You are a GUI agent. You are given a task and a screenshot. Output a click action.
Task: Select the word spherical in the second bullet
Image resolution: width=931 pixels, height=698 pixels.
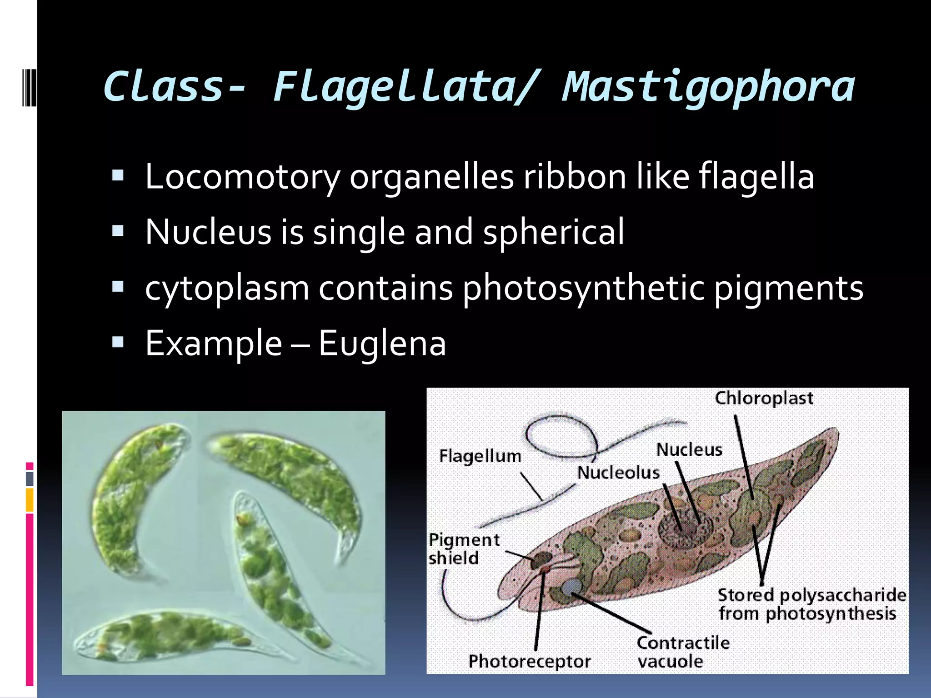553,232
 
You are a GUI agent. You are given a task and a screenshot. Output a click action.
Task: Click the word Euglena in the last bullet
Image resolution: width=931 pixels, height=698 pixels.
382,343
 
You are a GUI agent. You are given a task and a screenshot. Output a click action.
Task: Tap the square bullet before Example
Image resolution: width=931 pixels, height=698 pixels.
118,342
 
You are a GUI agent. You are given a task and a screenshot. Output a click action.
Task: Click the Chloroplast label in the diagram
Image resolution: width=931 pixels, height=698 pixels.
764,399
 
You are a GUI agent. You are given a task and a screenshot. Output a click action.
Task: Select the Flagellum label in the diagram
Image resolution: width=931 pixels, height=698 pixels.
480,456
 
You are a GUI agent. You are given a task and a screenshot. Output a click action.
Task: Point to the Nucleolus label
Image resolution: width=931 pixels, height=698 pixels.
618,473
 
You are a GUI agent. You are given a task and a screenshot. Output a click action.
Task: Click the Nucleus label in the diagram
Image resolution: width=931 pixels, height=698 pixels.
689,450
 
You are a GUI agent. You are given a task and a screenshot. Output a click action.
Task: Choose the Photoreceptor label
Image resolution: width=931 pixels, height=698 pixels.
529,661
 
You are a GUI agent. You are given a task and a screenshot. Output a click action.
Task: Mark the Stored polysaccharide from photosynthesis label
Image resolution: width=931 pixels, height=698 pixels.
811,604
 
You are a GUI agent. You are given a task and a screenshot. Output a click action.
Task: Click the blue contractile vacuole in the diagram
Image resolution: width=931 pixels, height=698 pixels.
571,587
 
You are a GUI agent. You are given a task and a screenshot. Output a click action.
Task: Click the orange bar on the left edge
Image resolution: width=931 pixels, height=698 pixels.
30,500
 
